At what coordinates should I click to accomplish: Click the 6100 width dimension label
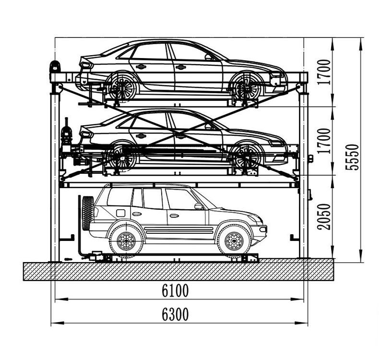point(175,290)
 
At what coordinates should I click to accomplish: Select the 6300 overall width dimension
point(175,314)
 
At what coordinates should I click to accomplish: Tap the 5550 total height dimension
point(352,157)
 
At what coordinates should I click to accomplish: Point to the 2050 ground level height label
point(324,217)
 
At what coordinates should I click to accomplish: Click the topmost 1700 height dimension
point(324,72)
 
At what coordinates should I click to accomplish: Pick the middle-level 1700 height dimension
point(324,141)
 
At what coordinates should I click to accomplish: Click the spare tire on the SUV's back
point(88,213)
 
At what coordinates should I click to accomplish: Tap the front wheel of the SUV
point(234,241)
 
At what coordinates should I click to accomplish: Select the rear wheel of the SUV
point(126,241)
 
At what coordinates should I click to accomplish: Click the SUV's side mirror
point(198,206)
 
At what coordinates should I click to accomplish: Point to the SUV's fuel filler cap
point(120,213)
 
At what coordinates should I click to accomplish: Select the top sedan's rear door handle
point(141,67)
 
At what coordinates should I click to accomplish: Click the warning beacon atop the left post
point(55,66)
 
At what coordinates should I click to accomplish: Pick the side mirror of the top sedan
point(208,57)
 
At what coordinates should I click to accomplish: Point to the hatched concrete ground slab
point(178,271)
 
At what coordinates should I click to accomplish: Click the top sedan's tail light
point(86,65)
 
